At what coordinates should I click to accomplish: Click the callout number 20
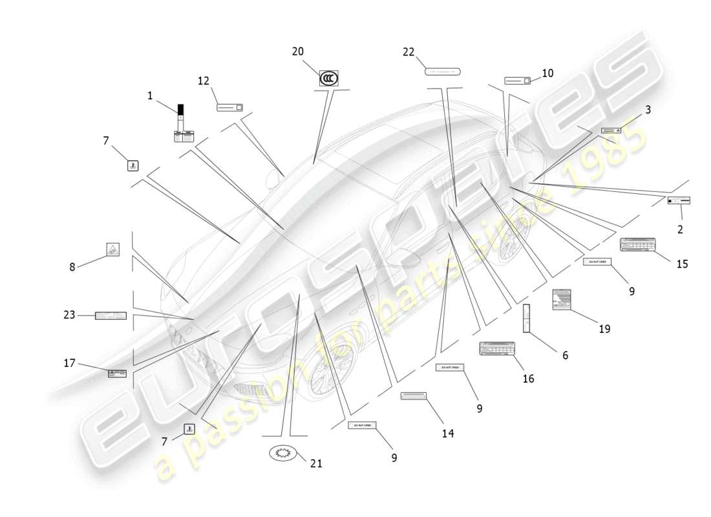297,52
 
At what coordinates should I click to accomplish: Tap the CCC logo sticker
328,79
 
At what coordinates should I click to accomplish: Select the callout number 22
409,52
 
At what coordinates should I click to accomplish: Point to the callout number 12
204,81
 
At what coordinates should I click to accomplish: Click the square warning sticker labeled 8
112,250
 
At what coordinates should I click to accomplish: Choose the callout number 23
70,315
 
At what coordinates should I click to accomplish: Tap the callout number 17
70,363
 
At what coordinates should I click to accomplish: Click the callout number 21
316,463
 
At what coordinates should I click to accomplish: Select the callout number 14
448,434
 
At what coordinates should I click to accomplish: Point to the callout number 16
528,379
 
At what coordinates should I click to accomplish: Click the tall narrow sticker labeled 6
526,318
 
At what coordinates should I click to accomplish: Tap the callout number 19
604,329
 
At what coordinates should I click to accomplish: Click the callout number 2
680,229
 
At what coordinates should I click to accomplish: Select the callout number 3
647,110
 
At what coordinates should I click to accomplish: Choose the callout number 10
547,74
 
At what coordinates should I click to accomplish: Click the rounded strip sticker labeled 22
443,71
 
